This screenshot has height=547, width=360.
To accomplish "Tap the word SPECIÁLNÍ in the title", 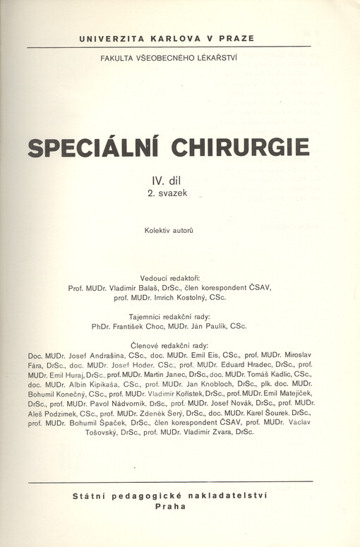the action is coord(93,148).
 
